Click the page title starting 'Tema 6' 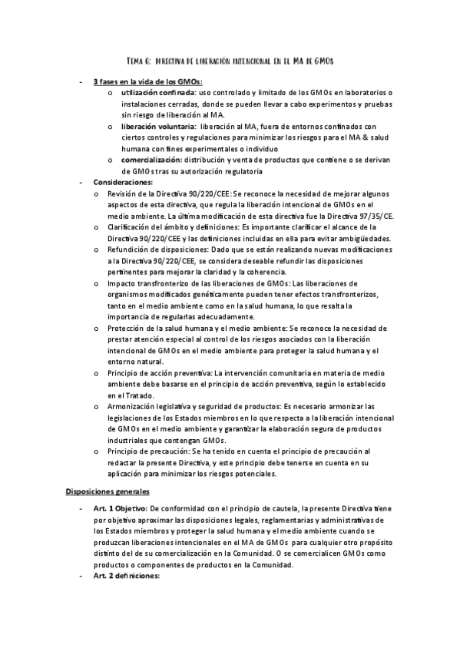pyautogui.click(x=230, y=60)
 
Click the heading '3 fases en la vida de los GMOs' pyautogui.click(x=142, y=81)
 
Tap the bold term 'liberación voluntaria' pyautogui.click(x=154, y=126)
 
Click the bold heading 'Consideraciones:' pyautogui.click(x=122, y=182)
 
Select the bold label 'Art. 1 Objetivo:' pyautogui.click(x=121, y=508)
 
